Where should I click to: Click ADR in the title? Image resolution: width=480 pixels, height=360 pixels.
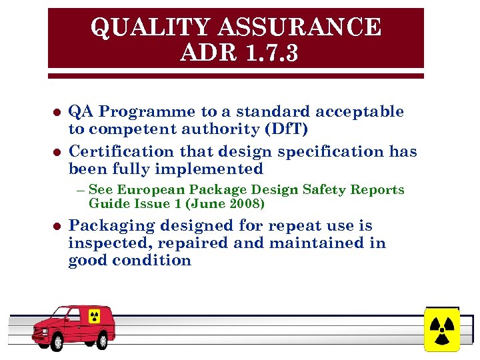pyautogui.click(x=205, y=53)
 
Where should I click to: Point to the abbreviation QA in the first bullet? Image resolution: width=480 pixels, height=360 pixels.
pyautogui.click(x=79, y=111)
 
